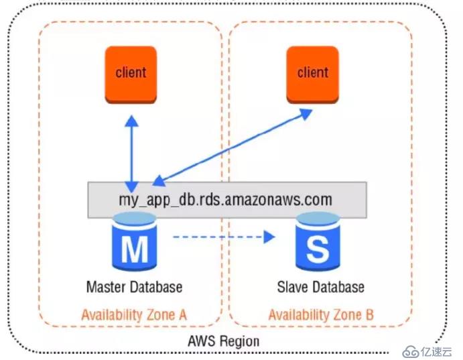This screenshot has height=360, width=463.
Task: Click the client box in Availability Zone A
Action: click(x=131, y=74)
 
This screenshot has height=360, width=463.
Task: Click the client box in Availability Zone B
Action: click(x=312, y=74)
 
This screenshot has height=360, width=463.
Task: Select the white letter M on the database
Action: click(x=135, y=249)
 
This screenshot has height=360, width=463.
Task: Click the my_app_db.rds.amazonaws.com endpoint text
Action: click(x=225, y=200)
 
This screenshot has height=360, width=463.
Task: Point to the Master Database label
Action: click(x=135, y=287)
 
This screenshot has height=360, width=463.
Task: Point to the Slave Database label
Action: click(x=321, y=287)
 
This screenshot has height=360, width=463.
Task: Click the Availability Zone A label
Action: click(x=135, y=315)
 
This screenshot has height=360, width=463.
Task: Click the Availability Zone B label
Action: click(x=321, y=315)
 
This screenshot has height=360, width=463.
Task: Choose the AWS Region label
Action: click(x=224, y=341)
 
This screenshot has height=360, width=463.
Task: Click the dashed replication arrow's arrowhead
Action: click(x=269, y=237)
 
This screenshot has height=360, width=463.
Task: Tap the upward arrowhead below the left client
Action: click(x=132, y=121)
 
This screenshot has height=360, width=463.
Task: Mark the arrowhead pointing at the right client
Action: click(x=306, y=114)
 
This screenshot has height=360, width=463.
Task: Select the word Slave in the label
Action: click(x=293, y=287)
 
